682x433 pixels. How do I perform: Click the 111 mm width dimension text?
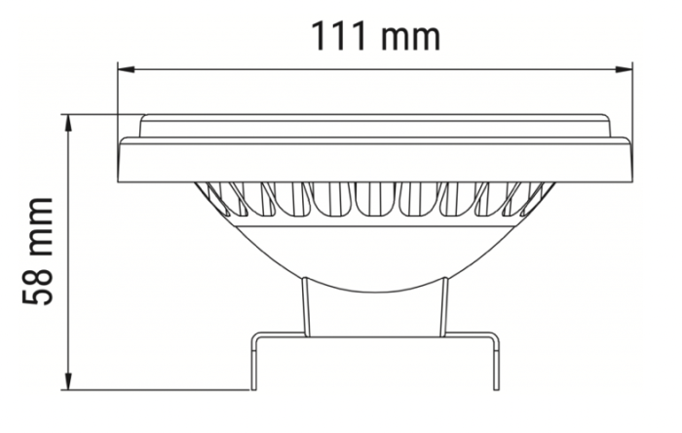click(375, 36)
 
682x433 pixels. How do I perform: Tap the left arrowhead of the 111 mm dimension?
click(124, 68)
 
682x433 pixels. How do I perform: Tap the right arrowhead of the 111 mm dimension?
click(626, 68)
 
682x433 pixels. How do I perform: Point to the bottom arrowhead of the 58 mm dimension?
click(68, 383)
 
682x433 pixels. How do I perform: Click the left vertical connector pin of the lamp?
click(305, 307)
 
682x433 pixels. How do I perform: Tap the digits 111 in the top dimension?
click(341, 36)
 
